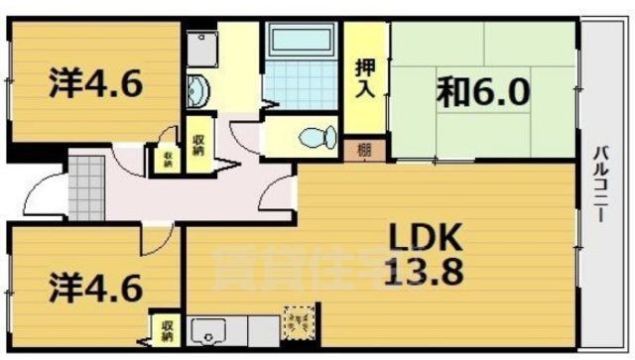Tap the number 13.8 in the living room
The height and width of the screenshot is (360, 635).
[425, 270]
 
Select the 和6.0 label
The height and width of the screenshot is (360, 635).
[483, 94]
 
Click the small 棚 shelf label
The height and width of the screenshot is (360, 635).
[366, 151]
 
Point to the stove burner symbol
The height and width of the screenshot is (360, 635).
[297, 320]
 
